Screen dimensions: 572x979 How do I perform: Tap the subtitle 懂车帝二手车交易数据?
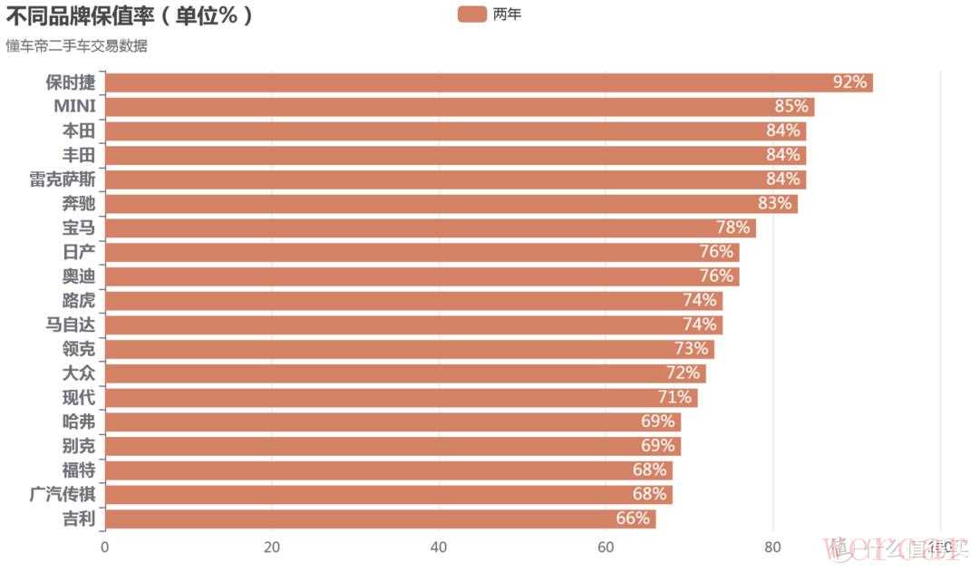[x=76, y=46]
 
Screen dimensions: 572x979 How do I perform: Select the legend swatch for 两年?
[x=472, y=15]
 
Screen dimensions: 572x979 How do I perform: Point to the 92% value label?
[x=850, y=82]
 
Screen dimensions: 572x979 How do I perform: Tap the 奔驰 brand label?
[x=79, y=203]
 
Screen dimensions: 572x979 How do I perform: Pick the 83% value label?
[x=774, y=203]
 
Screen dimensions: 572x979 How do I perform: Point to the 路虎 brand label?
[x=79, y=300]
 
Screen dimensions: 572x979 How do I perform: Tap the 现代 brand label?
[x=79, y=397]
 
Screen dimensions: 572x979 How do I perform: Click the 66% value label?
[x=633, y=519]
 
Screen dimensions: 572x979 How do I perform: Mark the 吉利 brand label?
[x=79, y=519]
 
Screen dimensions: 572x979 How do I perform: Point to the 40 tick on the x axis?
[x=439, y=547]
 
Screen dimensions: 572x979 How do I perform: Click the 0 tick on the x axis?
[x=105, y=547]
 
